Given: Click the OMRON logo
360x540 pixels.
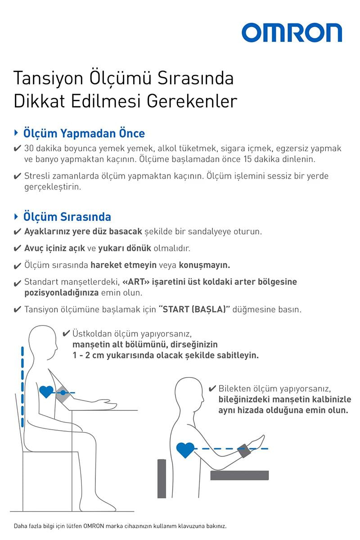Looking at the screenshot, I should (292, 33).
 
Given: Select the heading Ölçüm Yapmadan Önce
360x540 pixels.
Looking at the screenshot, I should (84, 133).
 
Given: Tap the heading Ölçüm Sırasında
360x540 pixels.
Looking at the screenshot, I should (67, 216).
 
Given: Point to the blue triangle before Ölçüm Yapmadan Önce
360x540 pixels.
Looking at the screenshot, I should (16, 133).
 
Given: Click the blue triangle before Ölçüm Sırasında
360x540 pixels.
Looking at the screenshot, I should (16, 216).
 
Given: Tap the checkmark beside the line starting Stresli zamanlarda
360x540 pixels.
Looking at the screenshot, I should (17, 176).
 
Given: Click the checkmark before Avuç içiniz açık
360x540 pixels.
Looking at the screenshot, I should (17, 248).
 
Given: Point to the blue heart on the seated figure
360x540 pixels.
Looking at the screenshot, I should (46, 391).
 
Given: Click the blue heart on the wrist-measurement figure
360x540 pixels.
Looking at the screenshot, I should (185, 449).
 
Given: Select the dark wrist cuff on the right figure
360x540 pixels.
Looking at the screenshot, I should (245, 450).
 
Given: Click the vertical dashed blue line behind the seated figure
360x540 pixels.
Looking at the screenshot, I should (21, 387).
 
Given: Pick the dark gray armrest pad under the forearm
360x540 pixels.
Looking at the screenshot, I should (239, 475).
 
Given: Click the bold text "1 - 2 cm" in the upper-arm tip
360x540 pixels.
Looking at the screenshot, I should (88, 355).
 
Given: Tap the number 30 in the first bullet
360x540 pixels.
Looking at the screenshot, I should (29, 148).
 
